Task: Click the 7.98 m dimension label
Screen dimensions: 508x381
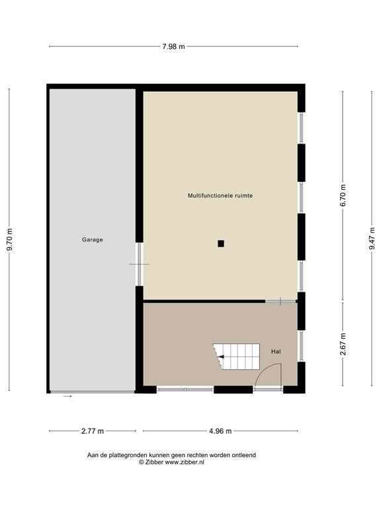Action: click(x=173, y=46)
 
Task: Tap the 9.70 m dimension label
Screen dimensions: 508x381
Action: click(x=9, y=239)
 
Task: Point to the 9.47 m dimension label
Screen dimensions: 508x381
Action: click(x=372, y=237)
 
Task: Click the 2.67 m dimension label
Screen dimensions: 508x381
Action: click(x=343, y=344)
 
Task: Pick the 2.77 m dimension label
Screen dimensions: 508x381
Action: click(x=93, y=431)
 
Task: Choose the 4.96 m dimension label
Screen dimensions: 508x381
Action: click(x=221, y=431)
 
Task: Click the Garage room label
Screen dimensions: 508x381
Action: click(x=93, y=239)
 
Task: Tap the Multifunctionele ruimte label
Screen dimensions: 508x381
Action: click(x=220, y=196)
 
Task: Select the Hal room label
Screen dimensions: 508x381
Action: click(x=276, y=351)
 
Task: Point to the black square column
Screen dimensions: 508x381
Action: click(x=221, y=243)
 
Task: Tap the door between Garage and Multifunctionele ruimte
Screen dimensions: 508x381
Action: click(x=139, y=264)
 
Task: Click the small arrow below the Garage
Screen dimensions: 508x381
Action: click(x=67, y=396)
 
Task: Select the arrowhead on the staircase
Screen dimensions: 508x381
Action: click(x=222, y=357)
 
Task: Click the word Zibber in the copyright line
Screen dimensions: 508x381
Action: click(x=153, y=462)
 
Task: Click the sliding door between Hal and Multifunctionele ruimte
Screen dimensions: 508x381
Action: click(x=282, y=302)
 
